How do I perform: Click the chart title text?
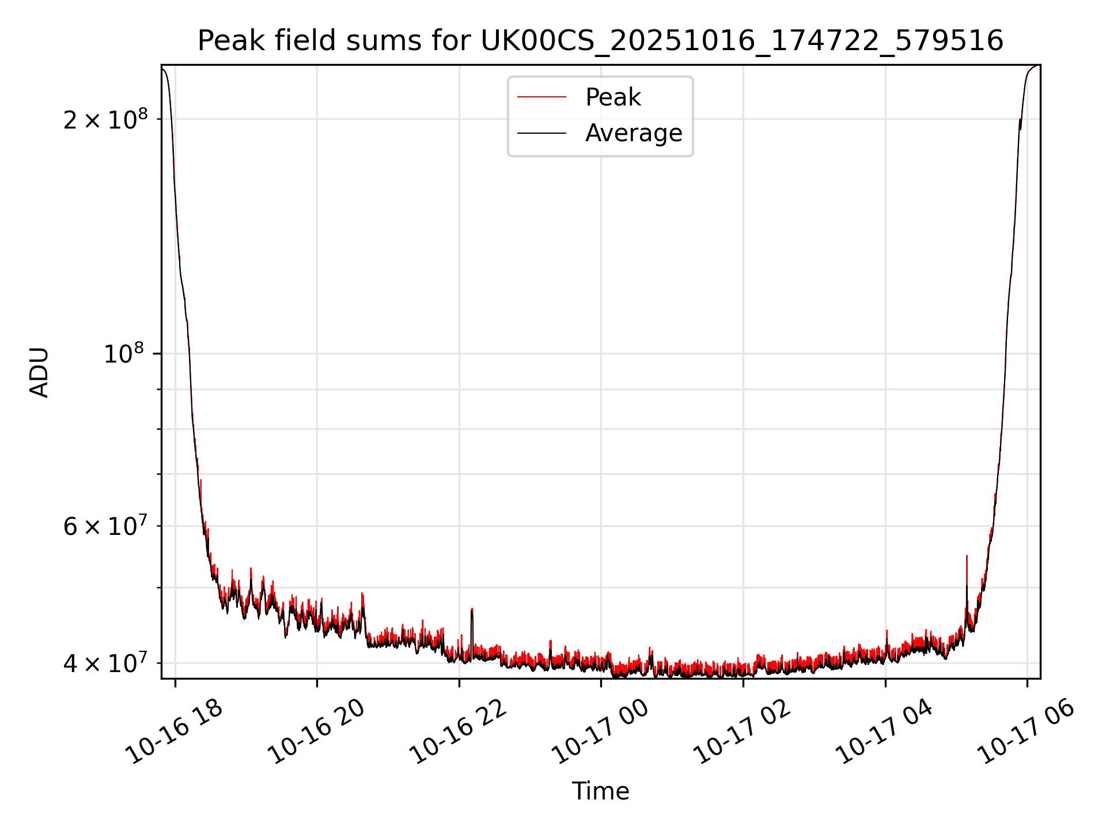tap(600, 41)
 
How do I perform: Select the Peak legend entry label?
tap(613, 97)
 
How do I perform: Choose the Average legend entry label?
tap(634, 133)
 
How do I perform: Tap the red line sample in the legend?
tap(541, 97)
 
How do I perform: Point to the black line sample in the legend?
tap(541, 133)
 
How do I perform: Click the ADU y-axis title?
tap(39, 372)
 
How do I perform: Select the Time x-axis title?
tap(600, 791)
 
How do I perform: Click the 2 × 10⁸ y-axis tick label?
tap(105, 120)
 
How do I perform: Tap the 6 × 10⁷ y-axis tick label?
tap(105, 526)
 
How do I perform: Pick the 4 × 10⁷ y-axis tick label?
tap(105, 663)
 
